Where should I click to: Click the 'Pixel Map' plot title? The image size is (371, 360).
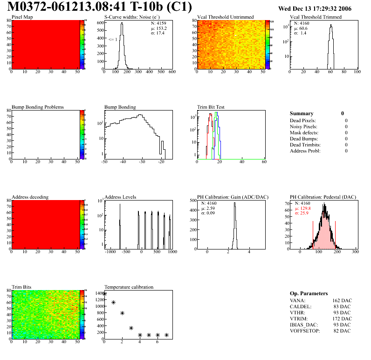[22, 17]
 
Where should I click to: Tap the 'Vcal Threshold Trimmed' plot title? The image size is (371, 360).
[316, 17]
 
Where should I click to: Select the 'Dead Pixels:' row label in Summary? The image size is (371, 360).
[303, 120]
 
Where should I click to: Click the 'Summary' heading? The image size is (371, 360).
[302, 113]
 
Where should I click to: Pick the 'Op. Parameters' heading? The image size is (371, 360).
[309, 293]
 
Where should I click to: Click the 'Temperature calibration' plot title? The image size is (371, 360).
[129, 287]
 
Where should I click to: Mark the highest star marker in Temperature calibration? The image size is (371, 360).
[104, 294]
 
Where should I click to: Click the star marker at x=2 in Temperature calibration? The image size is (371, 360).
[122, 313]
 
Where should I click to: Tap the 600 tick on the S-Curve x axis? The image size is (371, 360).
[172, 72]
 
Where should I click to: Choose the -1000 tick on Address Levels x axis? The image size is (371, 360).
[110, 252]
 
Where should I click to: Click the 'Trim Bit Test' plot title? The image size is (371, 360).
[211, 107]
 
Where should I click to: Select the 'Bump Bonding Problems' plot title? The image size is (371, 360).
[38, 107]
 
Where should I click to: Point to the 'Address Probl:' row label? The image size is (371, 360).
[306, 151]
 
